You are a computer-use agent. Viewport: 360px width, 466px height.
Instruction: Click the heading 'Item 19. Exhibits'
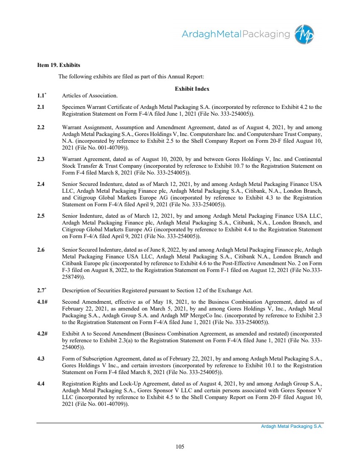point(58,66)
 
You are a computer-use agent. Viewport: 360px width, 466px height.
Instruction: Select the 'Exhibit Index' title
point(192,89)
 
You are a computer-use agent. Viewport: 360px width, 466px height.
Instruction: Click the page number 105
point(180,446)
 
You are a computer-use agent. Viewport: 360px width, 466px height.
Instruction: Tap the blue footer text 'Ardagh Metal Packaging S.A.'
point(292,427)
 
